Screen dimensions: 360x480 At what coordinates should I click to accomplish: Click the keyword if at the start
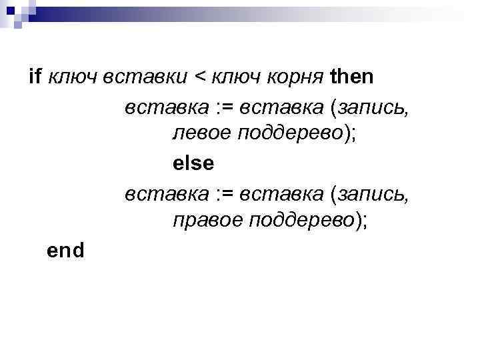[35, 77]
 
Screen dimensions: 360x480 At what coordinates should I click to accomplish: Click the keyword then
[352, 77]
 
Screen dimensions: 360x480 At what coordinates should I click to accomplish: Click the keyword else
[194, 163]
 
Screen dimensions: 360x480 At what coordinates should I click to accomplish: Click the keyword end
[66, 250]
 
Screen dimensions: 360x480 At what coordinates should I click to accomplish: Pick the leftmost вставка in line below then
[166, 106]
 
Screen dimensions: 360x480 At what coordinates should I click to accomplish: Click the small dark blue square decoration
[10, 10]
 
